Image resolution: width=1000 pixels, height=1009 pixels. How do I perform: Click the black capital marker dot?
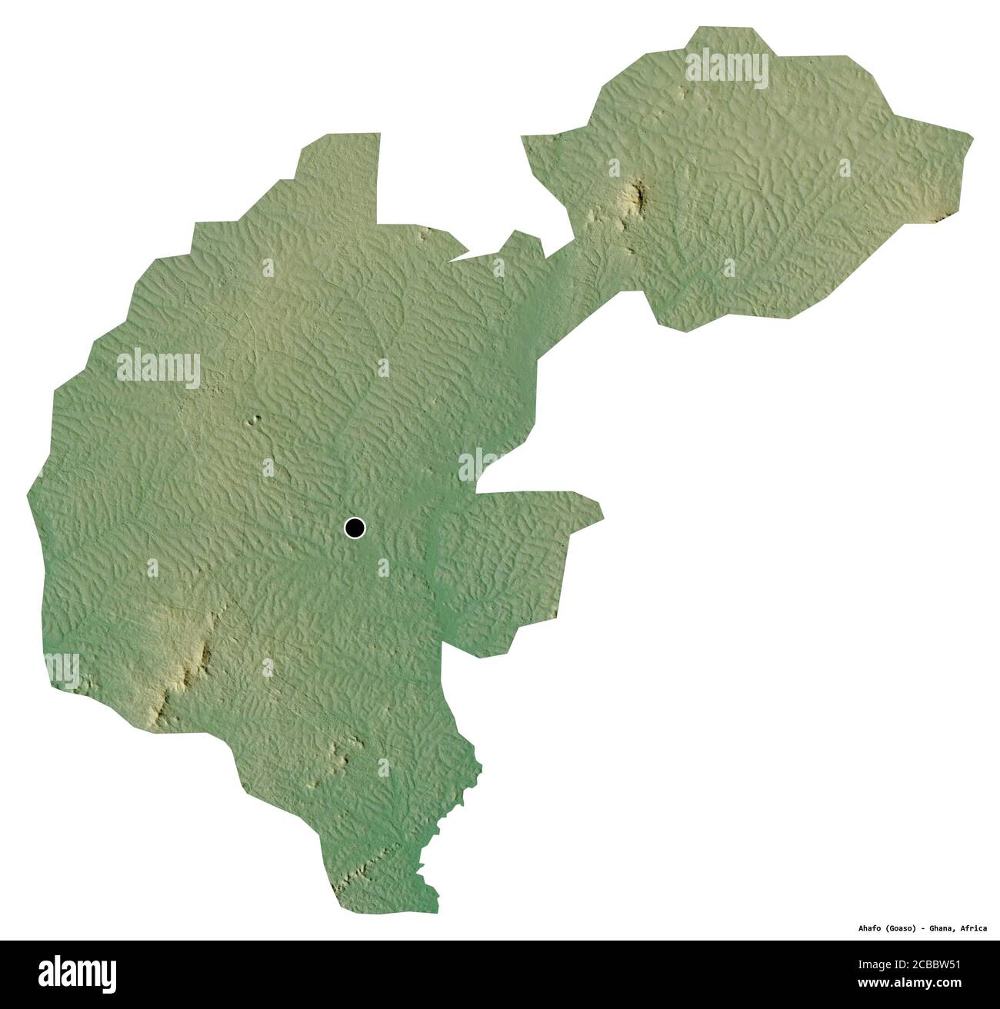[355, 528]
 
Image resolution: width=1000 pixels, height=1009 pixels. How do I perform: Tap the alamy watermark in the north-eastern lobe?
[727, 68]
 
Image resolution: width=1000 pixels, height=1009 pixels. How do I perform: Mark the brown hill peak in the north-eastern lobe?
[637, 196]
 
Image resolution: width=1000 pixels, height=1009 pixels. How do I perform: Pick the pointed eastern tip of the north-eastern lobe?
[972, 139]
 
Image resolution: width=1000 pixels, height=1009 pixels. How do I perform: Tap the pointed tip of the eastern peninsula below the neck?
[602, 516]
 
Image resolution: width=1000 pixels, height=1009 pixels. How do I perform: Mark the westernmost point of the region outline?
[28, 493]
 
